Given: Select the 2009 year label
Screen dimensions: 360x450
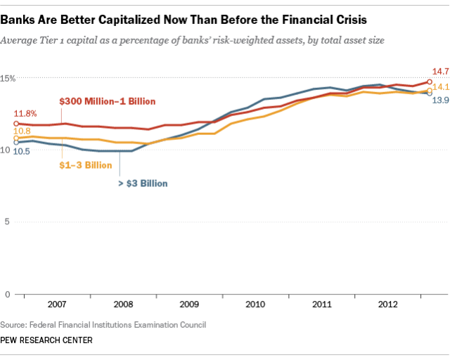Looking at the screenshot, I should pos(188,305).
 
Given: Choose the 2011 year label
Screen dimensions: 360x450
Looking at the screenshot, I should pos(321,305).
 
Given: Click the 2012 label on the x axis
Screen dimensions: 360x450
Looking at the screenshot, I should pos(387,305).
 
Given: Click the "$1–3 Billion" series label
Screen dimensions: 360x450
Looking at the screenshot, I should pos(84,165).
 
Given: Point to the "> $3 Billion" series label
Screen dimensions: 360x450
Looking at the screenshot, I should pos(141,184).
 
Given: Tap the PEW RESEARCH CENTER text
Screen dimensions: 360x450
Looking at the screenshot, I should pos(46,340).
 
